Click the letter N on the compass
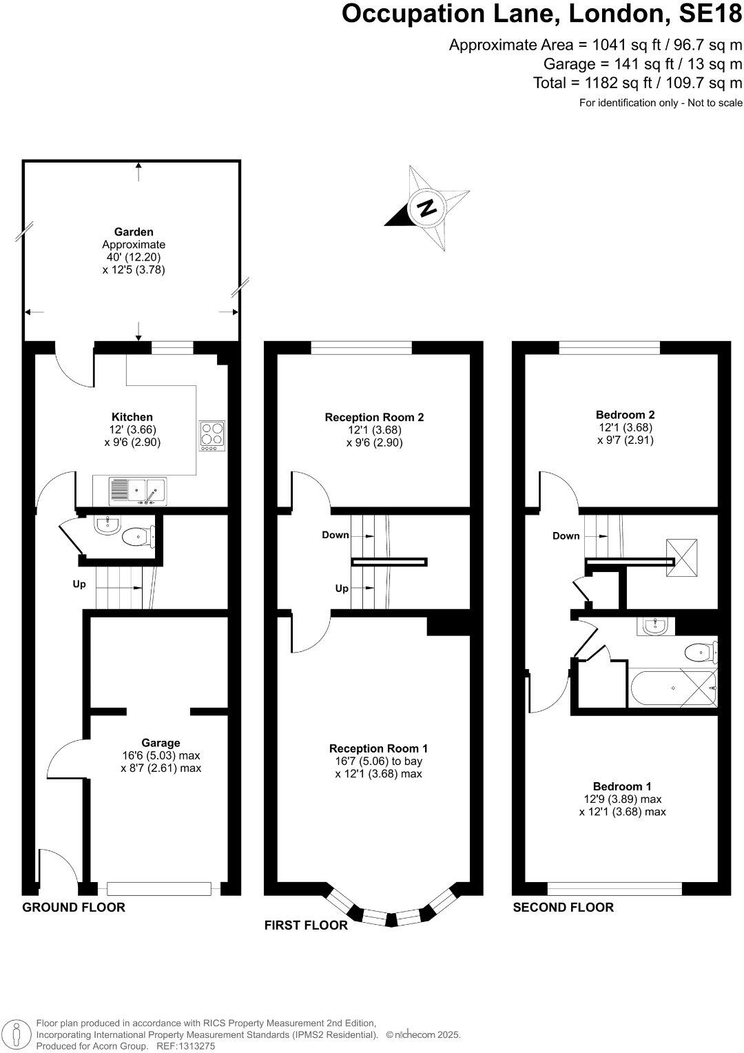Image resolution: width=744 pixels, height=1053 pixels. [x=427, y=207]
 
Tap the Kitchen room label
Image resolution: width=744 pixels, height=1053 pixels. [x=132, y=417]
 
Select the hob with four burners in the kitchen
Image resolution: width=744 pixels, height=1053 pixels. [x=212, y=436]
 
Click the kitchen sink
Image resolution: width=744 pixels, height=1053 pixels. [x=137, y=491]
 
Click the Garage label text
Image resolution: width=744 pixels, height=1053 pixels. [x=161, y=743]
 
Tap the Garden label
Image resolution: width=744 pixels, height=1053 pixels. [x=134, y=232]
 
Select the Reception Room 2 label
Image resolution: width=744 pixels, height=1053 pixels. [x=374, y=417]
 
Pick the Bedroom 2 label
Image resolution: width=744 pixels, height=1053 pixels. [x=625, y=415]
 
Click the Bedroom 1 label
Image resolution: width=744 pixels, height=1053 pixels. [x=622, y=786]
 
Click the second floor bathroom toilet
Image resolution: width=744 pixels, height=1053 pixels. [x=701, y=651]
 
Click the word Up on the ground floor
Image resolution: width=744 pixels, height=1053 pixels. [x=79, y=584]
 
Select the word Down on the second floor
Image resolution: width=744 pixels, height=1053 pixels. [x=566, y=536]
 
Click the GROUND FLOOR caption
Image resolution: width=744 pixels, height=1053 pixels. [x=74, y=907]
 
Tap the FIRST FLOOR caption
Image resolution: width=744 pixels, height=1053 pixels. [x=306, y=926]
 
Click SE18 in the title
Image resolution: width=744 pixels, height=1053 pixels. [x=709, y=14]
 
